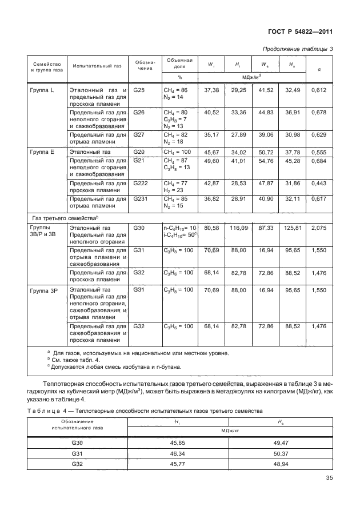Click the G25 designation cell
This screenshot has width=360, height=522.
click(139, 90)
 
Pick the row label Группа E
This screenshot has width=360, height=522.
click(42, 153)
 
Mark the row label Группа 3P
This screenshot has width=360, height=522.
click(43, 290)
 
